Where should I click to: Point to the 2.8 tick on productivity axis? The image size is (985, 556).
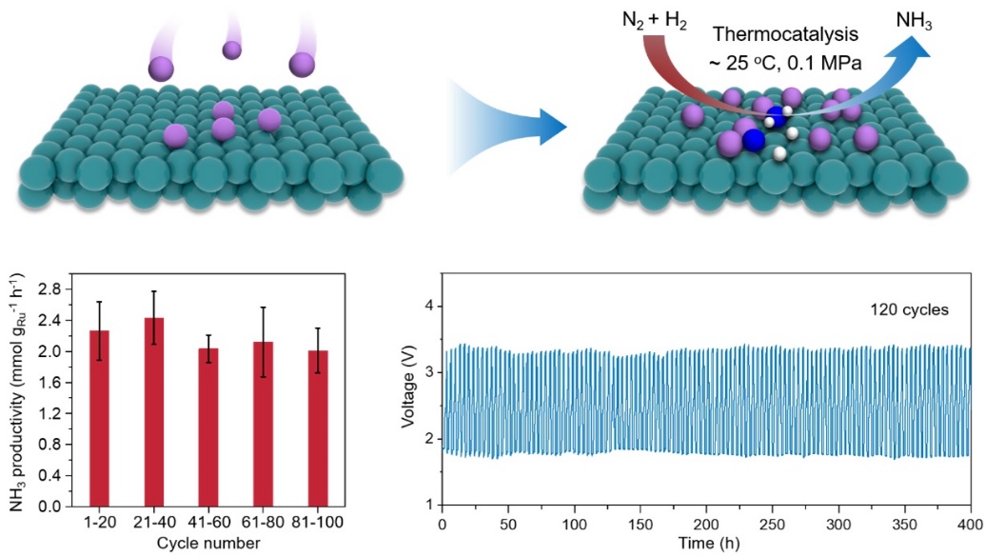tap(51, 288)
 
